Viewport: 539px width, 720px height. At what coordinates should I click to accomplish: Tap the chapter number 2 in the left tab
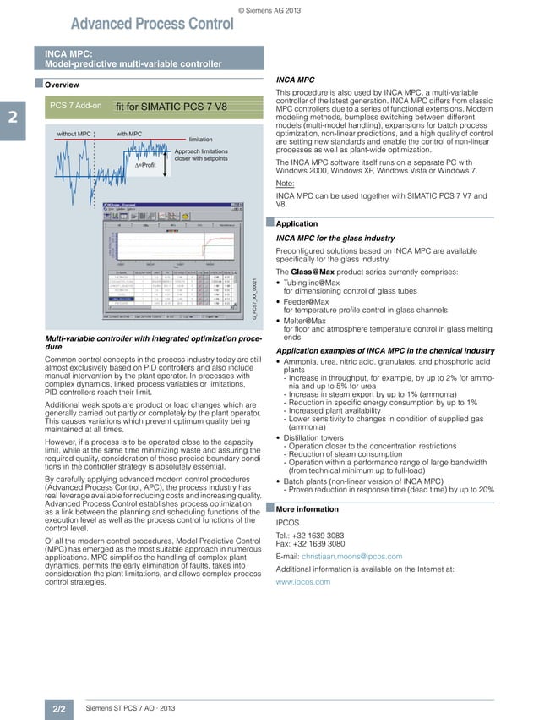click(12, 118)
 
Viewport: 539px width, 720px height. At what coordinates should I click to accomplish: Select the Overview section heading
click(62, 85)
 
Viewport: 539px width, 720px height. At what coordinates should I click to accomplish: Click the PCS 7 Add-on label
click(76, 106)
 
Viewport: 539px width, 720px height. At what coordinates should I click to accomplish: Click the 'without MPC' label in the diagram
click(73, 134)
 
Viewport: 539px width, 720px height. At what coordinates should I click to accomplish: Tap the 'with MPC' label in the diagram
click(129, 134)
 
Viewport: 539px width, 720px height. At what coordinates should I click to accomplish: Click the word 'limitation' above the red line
click(200, 139)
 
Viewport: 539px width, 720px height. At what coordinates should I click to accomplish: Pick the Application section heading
click(297, 225)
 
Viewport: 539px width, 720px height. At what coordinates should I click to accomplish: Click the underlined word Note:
click(286, 184)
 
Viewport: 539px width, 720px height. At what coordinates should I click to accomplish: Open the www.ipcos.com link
click(303, 582)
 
